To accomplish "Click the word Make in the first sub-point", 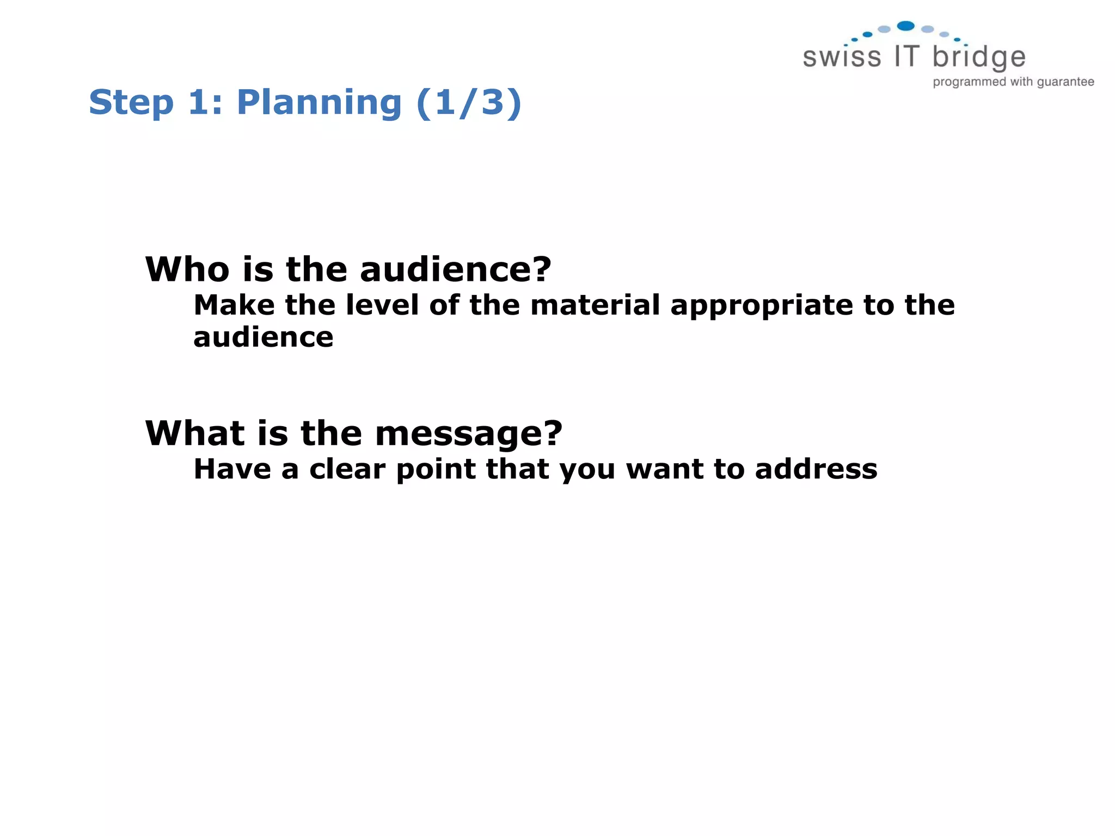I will pyautogui.click(x=234, y=305).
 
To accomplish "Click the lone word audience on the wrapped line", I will pyautogui.click(x=263, y=337).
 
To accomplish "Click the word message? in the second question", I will pyautogui.click(x=469, y=434).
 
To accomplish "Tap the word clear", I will pyautogui.click(x=347, y=469).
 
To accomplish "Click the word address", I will pyautogui.click(x=816, y=469).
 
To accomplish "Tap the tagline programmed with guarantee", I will pyautogui.click(x=1013, y=82).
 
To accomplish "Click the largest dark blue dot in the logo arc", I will pyautogui.click(x=905, y=26).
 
